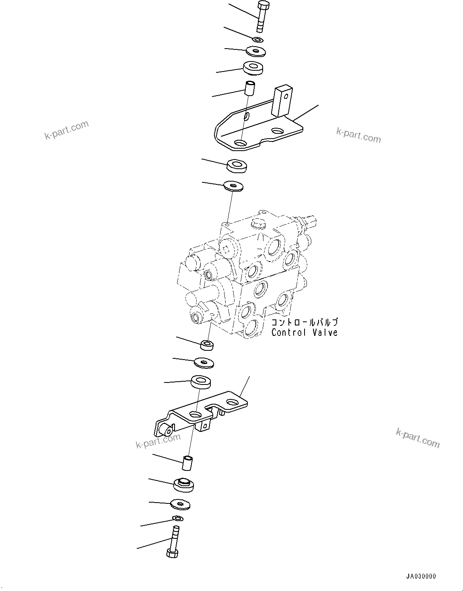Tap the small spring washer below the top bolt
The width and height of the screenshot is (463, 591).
click(258, 39)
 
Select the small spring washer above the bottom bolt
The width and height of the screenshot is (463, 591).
click(177, 518)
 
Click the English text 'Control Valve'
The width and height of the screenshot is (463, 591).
click(304, 333)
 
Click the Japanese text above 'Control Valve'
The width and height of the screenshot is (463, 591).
click(305, 322)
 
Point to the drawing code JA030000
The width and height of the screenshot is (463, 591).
click(421, 576)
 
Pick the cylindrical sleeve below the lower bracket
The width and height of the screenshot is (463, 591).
click(188, 462)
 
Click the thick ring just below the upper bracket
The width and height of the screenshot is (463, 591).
click(237, 166)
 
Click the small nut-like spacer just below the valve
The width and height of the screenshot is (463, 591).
click(207, 344)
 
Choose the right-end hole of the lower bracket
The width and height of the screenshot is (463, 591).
click(232, 402)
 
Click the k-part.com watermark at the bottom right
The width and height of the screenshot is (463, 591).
click(418, 438)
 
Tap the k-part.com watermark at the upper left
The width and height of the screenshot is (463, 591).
click(66, 130)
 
